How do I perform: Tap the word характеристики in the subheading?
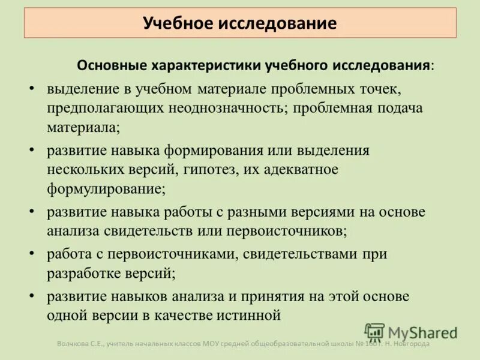click(206, 64)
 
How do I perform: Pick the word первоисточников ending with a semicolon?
click(287, 230)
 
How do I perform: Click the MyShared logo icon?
click(375, 332)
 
